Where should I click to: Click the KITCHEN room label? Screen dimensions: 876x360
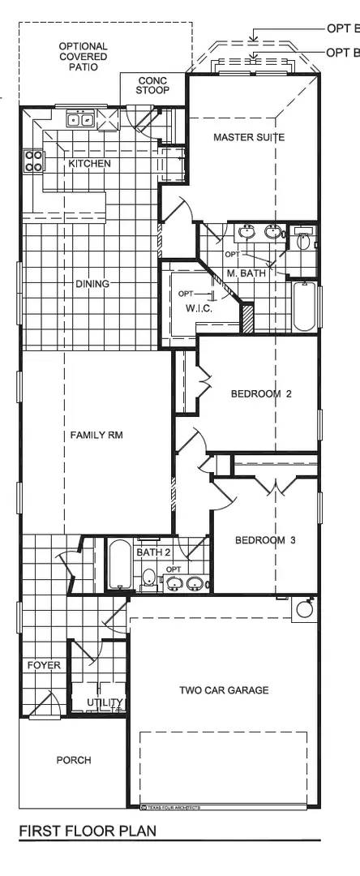[89, 164]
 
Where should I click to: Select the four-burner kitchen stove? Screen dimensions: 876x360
[33, 161]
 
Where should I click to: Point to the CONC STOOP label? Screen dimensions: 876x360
[152, 86]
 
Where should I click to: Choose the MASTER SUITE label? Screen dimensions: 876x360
[249, 138]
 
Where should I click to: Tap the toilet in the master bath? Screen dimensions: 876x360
[304, 240]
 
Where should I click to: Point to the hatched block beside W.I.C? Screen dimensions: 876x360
[248, 317]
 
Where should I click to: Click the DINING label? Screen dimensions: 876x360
[92, 284]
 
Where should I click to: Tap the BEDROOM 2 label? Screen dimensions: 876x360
[260, 394]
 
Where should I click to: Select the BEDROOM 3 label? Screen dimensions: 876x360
[265, 540]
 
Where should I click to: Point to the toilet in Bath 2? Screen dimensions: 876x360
[148, 578]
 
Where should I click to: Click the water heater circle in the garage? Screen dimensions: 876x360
[305, 609]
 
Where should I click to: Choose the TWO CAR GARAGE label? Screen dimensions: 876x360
[224, 690]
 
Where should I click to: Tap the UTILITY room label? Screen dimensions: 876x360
[106, 702]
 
